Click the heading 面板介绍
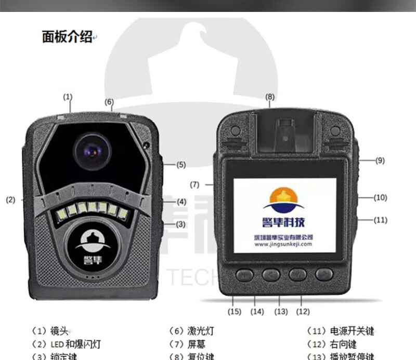click(67, 36)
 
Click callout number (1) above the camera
click(68, 97)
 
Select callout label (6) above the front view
click(109, 102)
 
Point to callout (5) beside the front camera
click(180, 165)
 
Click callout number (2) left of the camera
click(10, 199)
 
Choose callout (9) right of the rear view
click(380, 161)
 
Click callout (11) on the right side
click(381, 220)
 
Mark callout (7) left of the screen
click(194, 184)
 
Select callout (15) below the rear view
click(235, 312)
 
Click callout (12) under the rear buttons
click(303, 312)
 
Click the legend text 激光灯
click(200, 331)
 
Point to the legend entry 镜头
click(58, 331)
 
